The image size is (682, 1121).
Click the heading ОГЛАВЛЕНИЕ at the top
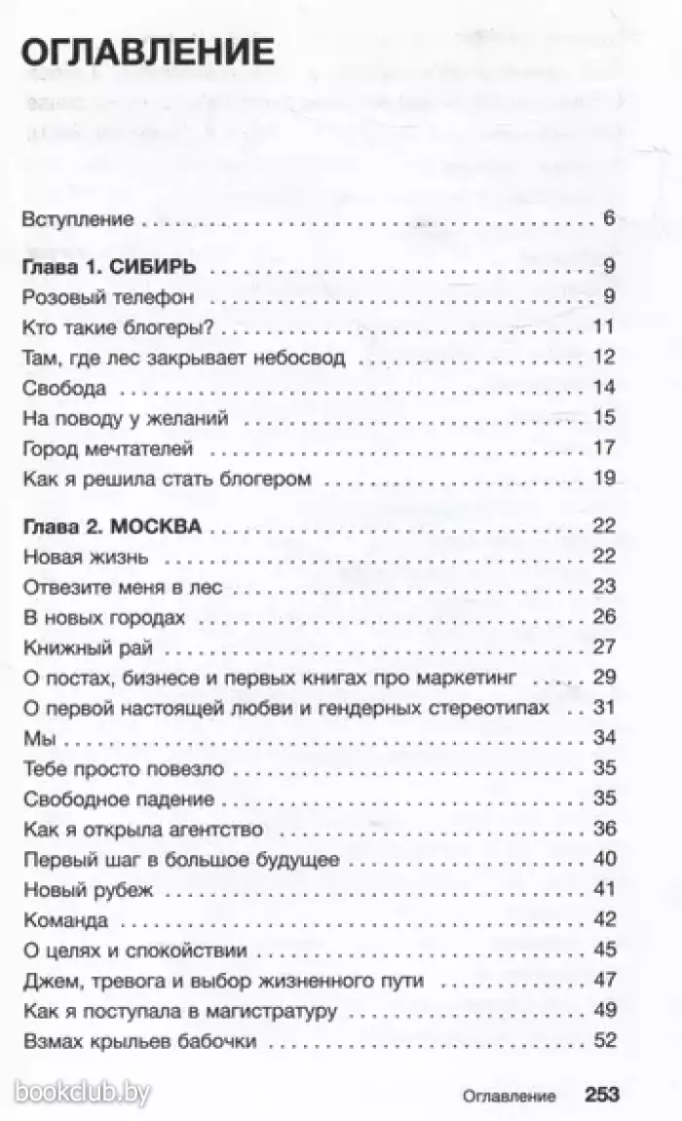pyautogui.click(x=146, y=50)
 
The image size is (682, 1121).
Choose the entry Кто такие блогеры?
pyautogui.click(x=117, y=328)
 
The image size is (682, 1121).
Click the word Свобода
pyautogui.click(x=63, y=388)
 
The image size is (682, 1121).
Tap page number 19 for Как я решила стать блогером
pyautogui.click(x=604, y=479)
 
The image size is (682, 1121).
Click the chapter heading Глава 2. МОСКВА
pyautogui.click(x=111, y=527)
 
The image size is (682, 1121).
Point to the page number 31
pyautogui.click(x=604, y=708)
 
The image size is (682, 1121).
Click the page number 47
pyautogui.click(x=604, y=981)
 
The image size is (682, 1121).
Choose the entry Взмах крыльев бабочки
pyautogui.click(x=138, y=1041)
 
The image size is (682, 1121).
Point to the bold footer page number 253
pyautogui.click(x=602, y=1095)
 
